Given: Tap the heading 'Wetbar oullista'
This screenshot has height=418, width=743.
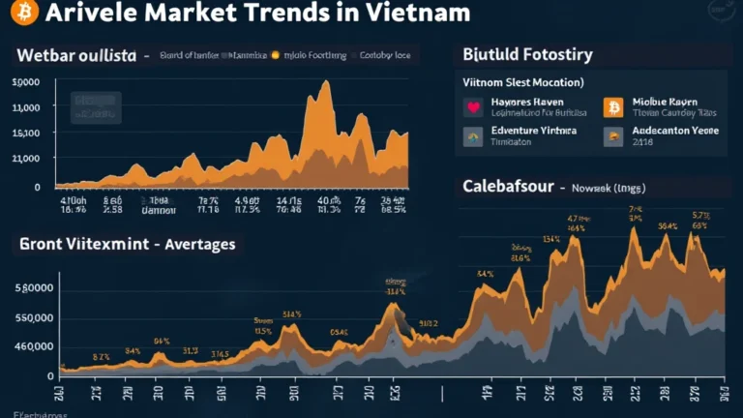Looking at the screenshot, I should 76,56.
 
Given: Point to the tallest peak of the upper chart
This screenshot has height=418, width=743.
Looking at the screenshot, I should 325,83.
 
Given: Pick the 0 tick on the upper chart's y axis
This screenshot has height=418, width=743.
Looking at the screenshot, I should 37,187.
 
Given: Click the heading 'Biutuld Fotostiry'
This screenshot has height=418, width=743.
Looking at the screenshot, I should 527,55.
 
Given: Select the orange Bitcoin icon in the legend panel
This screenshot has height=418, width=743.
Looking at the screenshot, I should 612,107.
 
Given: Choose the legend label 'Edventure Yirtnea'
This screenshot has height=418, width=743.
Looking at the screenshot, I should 533,130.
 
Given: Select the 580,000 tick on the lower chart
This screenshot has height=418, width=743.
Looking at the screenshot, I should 33,288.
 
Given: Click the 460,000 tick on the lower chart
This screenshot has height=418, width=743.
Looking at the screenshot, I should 33,346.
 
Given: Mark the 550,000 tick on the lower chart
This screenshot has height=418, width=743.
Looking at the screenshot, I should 33,317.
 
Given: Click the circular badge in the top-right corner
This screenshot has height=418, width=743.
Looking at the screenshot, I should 721,11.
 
